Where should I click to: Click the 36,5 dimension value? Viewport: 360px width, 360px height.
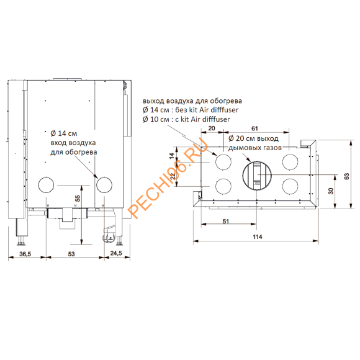click(x=25, y=254)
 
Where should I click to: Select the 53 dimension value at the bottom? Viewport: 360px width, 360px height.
click(x=71, y=254)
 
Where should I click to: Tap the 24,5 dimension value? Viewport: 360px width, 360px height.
click(x=116, y=253)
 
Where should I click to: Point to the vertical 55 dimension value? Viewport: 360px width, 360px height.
click(x=78, y=199)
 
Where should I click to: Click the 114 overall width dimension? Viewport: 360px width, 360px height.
click(x=258, y=236)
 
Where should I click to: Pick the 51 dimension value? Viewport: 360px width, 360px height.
click(x=226, y=222)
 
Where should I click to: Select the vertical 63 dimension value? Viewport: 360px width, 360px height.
click(x=347, y=176)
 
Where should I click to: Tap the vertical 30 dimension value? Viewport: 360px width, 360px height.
click(x=331, y=191)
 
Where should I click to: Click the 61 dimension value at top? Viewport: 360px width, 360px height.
click(x=254, y=128)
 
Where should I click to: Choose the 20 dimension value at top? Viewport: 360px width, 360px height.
click(x=212, y=128)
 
